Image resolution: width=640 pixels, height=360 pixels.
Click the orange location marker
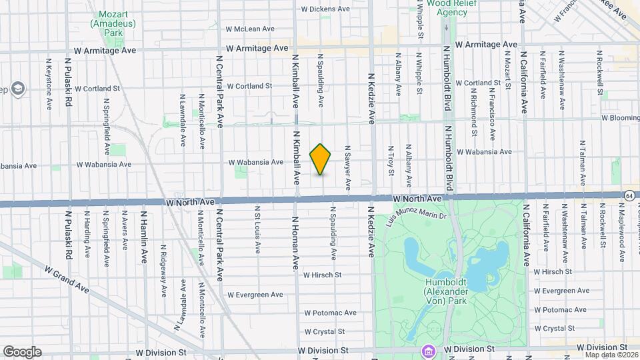click(321, 159)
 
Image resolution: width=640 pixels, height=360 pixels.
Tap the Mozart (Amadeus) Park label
click(112, 23)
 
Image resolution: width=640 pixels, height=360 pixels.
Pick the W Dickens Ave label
click(325, 9)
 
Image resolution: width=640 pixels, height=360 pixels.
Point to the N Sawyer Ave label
click(347, 168)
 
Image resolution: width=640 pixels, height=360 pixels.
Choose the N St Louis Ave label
click(257, 229)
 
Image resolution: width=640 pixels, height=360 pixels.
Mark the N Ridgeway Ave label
click(163, 269)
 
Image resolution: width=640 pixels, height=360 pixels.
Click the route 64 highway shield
click(629, 195)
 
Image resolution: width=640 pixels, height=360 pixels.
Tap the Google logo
click(22, 352)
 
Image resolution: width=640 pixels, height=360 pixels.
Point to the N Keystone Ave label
click(49, 83)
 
